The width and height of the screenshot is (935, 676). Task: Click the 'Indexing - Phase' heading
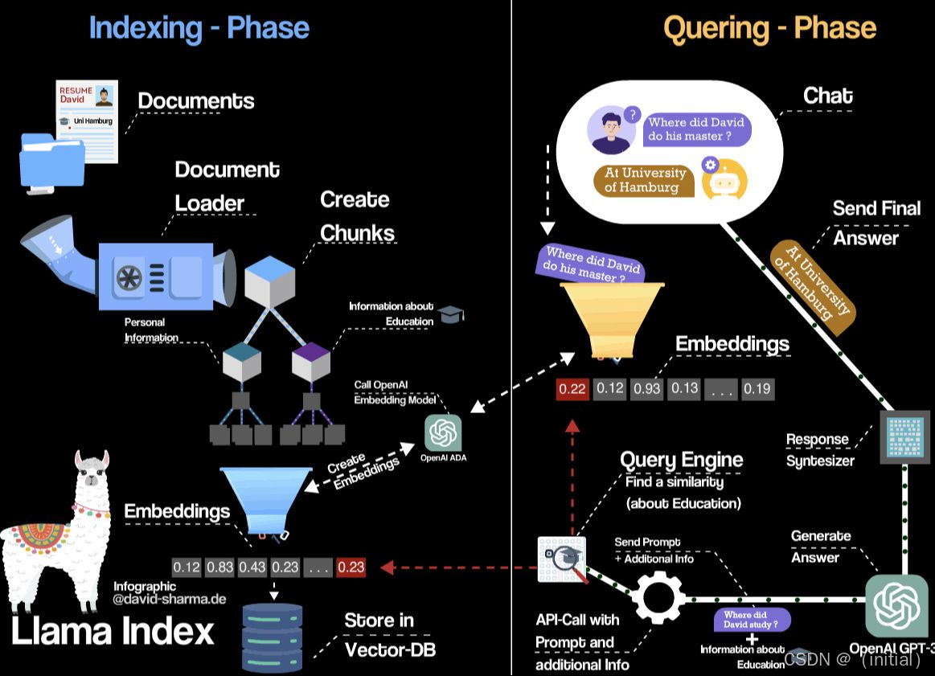[x=199, y=27]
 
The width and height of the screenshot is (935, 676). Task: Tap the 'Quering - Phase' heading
[x=769, y=28]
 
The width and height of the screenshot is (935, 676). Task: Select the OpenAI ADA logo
[x=443, y=433]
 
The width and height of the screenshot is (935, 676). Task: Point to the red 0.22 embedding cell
[x=572, y=389]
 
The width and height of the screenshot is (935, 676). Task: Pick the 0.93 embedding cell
[x=646, y=389]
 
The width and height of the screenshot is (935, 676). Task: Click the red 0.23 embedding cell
[x=351, y=567]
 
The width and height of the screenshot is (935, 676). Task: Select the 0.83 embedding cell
[x=219, y=567]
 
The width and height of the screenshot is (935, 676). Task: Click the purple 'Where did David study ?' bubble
[x=752, y=620]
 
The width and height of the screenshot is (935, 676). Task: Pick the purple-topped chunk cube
[x=311, y=361]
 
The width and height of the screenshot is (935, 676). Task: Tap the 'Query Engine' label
[x=681, y=460]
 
